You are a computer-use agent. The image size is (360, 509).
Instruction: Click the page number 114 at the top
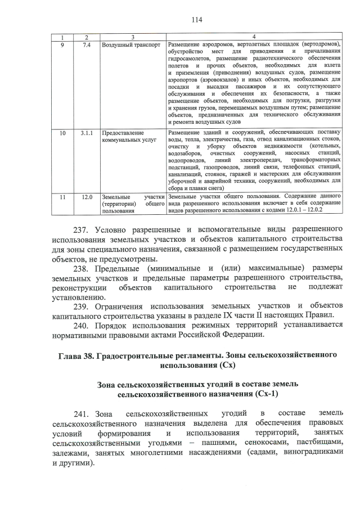click(196, 20)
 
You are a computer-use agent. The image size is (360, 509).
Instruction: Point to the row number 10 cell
click(62, 133)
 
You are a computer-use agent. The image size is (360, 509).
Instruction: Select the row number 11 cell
click(62, 197)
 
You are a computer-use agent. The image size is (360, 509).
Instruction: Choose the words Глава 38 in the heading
click(76, 355)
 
